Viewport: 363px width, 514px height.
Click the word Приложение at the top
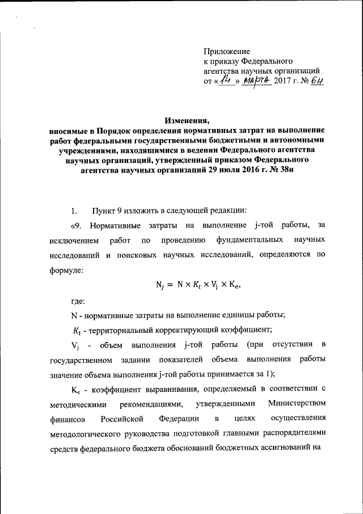point(226,51)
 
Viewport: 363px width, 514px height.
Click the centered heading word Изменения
point(187,120)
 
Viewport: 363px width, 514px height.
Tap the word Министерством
point(297,404)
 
